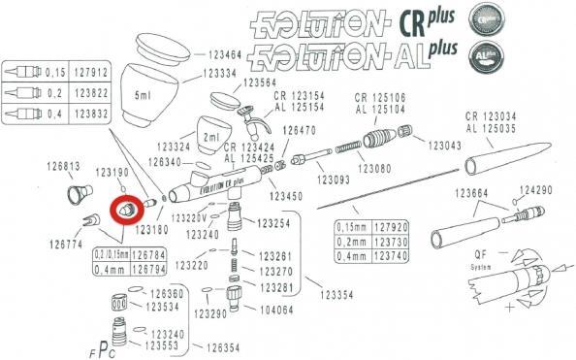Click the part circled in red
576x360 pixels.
pos(125,209)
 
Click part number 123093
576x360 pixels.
pos(333,180)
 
